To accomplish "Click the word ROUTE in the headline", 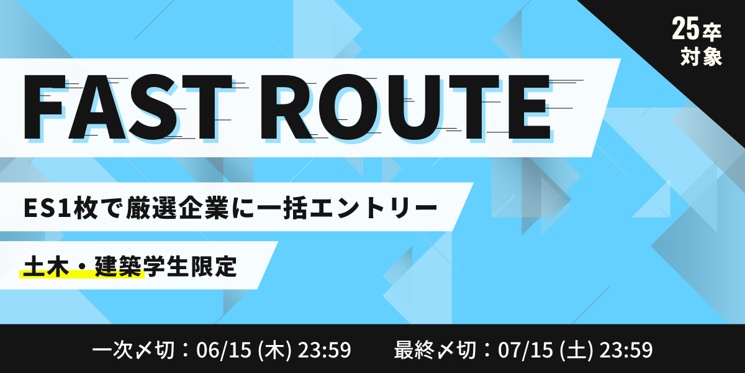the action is [x=405, y=106].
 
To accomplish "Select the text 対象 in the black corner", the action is [x=701, y=57].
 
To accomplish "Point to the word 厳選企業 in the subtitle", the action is [x=178, y=208].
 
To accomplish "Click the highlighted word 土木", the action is [x=46, y=267].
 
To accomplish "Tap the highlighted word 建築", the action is [x=118, y=267].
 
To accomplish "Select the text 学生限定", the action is [x=190, y=267].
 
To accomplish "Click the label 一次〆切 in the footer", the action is [x=133, y=349].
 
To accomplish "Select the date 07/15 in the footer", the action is [x=525, y=349].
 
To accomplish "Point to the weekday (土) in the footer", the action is [x=576, y=349].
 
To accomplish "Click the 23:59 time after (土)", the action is [x=626, y=349].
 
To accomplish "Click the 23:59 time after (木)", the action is [x=324, y=349].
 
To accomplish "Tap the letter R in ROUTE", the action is [x=287, y=106].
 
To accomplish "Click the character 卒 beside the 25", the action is [x=711, y=32].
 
